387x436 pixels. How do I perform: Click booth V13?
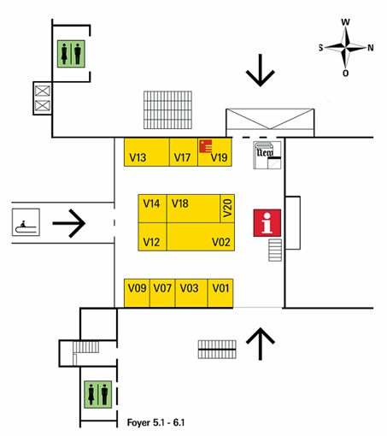click(147, 152)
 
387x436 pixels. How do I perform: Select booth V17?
click(184, 152)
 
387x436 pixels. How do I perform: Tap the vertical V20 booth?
click(227, 209)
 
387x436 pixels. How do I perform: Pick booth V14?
click(152, 209)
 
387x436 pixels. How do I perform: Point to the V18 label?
click(179, 203)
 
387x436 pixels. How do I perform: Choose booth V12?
click(152, 237)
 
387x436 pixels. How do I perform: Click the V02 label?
click(221, 242)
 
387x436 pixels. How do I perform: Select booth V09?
click(137, 293)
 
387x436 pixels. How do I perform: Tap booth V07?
click(162, 293)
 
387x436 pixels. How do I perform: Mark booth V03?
click(191, 293)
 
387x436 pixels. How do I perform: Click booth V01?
click(220, 293)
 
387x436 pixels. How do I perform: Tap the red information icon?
click(267, 223)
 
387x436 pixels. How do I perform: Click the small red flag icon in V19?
click(205, 146)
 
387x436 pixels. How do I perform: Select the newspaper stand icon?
click(267, 155)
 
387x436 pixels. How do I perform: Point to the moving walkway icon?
click(26, 222)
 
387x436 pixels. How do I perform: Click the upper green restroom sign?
click(71, 54)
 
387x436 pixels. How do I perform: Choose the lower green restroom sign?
click(98, 394)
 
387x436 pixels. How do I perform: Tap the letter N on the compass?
click(370, 48)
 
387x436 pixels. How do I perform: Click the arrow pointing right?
click(69, 223)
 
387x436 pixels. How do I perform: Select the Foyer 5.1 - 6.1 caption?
click(155, 422)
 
